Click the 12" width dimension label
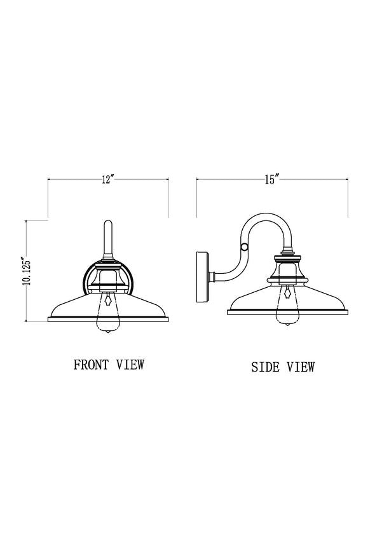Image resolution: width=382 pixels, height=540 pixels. click(x=108, y=179)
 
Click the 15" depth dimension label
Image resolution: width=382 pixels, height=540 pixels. click(x=271, y=179)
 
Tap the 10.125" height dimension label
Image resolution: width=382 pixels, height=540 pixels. click(x=27, y=271)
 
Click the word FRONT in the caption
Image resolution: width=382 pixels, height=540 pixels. click(x=92, y=365)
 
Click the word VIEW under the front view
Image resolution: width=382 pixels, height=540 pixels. click(x=130, y=365)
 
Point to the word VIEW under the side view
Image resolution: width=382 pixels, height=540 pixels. click(x=301, y=367)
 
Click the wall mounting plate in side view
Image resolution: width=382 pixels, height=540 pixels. click(x=202, y=277)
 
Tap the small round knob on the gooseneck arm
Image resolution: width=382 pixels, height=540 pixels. click(x=244, y=246)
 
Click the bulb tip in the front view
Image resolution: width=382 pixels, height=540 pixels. click(x=108, y=331)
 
